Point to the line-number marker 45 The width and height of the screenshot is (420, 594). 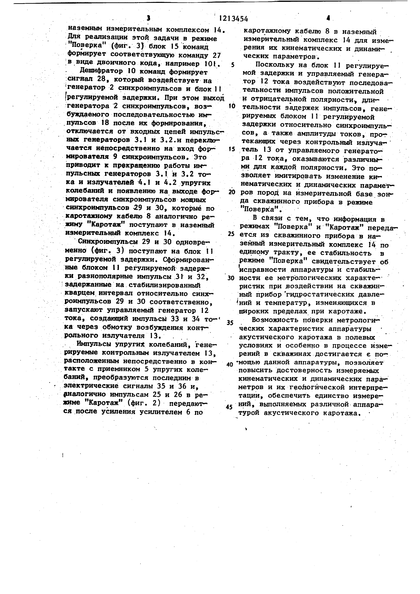click(x=229, y=407)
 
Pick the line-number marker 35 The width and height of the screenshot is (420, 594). click(x=230, y=323)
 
